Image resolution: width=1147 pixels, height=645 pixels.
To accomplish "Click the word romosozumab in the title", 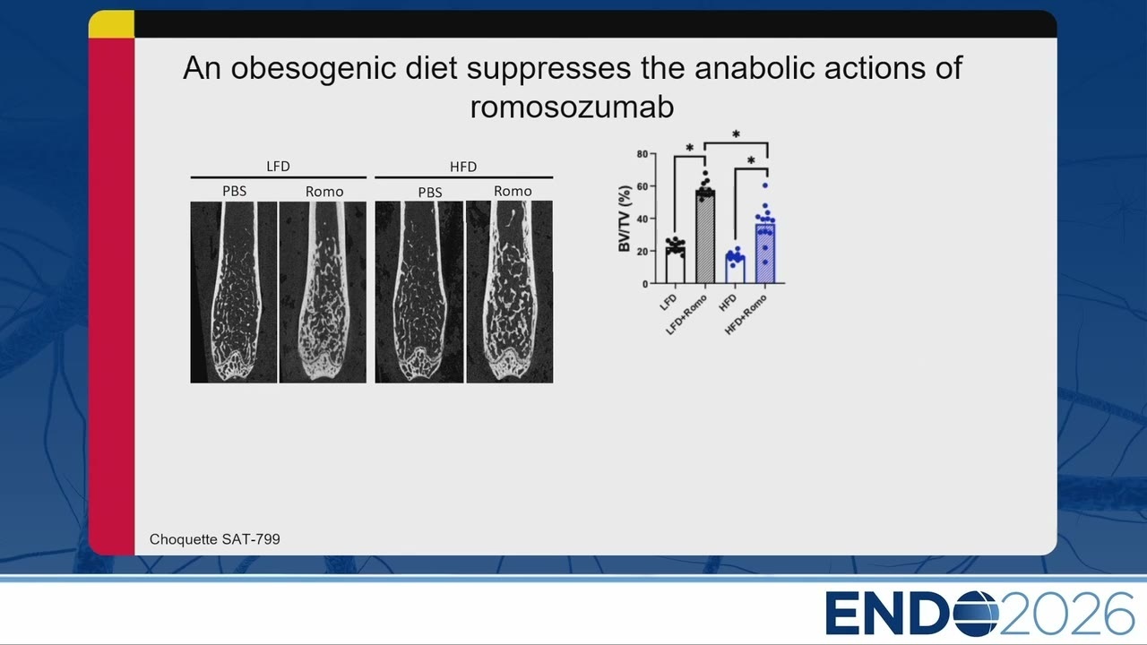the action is (x=572, y=107).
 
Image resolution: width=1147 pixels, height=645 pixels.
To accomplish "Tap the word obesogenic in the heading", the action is (x=314, y=69).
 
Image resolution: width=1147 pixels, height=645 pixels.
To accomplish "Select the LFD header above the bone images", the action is (x=278, y=167).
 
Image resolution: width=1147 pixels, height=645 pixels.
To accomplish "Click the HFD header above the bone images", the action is (x=463, y=167).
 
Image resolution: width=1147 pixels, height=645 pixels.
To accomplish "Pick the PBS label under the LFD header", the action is (x=235, y=191).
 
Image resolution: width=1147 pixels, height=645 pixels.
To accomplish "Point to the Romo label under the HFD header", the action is (x=513, y=191).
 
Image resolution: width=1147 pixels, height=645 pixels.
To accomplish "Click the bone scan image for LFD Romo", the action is (x=323, y=292).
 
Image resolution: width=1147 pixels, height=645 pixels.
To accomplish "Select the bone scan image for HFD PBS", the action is (x=418, y=292).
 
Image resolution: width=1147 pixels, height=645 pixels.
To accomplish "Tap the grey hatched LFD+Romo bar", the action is (x=705, y=237).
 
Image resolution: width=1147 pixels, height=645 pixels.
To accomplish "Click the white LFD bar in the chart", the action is (x=675, y=265).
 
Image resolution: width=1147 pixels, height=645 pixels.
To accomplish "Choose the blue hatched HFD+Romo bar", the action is (x=765, y=254).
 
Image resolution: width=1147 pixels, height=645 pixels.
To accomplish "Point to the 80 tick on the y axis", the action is (x=643, y=153).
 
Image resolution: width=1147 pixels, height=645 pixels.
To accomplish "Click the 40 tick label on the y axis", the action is (x=643, y=219).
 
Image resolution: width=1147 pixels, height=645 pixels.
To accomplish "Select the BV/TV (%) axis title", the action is (x=625, y=219).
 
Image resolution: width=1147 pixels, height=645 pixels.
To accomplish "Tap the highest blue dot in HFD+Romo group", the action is (x=765, y=185).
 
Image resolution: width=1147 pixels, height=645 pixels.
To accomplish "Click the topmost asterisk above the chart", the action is (x=736, y=134).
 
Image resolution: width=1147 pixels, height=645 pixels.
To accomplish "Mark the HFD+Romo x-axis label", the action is (x=746, y=314).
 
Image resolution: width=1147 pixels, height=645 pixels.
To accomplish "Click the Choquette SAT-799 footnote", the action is (x=214, y=539).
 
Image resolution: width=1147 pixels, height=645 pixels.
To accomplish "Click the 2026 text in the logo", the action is (x=1067, y=614).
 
